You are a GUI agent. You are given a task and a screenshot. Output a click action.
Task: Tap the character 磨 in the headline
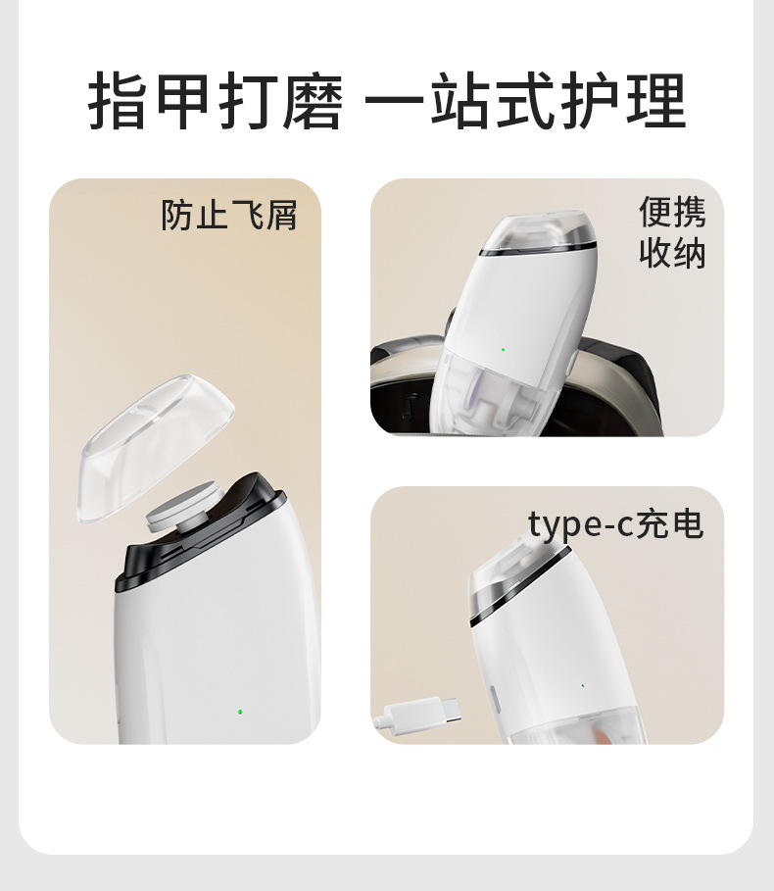[x=313, y=101]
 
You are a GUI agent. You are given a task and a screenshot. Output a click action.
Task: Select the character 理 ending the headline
[x=656, y=101]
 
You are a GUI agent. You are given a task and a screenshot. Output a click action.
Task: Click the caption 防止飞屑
[x=229, y=215]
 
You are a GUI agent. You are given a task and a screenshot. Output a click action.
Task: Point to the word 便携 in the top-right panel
[x=673, y=212]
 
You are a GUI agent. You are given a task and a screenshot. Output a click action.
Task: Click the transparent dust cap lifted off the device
[x=155, y=447]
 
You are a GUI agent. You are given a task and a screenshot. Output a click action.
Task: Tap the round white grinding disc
[x=183, y=507]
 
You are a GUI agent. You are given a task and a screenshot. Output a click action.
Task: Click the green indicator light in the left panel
[x=240, y=712]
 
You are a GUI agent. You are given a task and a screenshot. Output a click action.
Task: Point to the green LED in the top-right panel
[x=503, y=350]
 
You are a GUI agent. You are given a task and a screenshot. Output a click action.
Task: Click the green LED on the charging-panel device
[x=583, y=685]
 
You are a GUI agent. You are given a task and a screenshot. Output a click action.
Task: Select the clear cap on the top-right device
[x=538, y=231]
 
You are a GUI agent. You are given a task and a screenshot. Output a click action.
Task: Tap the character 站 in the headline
[x=461, y=101]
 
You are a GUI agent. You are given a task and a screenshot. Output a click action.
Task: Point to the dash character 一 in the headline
[x=393, y=101]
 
